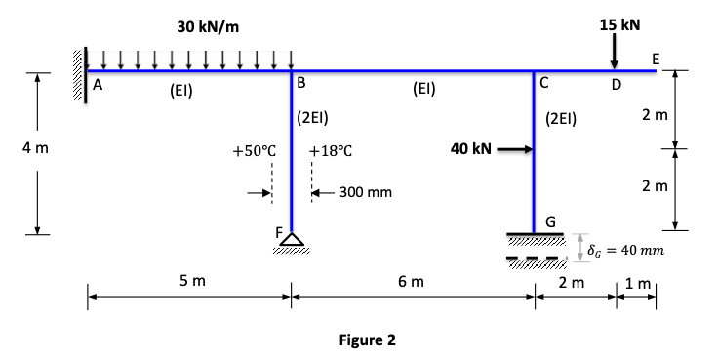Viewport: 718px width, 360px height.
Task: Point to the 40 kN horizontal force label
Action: (x=470, y=149)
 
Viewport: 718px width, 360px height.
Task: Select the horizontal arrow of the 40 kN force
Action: (x=515, y=150)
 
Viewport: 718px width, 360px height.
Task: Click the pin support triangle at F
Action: (x=293, y=240)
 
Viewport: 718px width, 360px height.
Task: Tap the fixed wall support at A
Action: (x=78, y=66)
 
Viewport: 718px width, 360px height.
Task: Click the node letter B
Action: (x=303, y=83)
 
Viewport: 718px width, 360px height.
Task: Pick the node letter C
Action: (x=544, y=83)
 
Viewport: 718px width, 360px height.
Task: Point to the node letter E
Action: (x=656, y=58)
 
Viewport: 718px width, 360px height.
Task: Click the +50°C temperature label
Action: (x=256, y=152)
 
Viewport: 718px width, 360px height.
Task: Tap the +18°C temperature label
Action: (x=329, y=152)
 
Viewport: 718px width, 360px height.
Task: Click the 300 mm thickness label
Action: (x=366, y=193)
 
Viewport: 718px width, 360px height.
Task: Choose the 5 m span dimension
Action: (x=192, y=282)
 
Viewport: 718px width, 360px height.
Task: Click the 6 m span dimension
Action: (x=411, y=282)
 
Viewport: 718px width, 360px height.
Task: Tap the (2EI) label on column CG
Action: (x=562, y=121)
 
